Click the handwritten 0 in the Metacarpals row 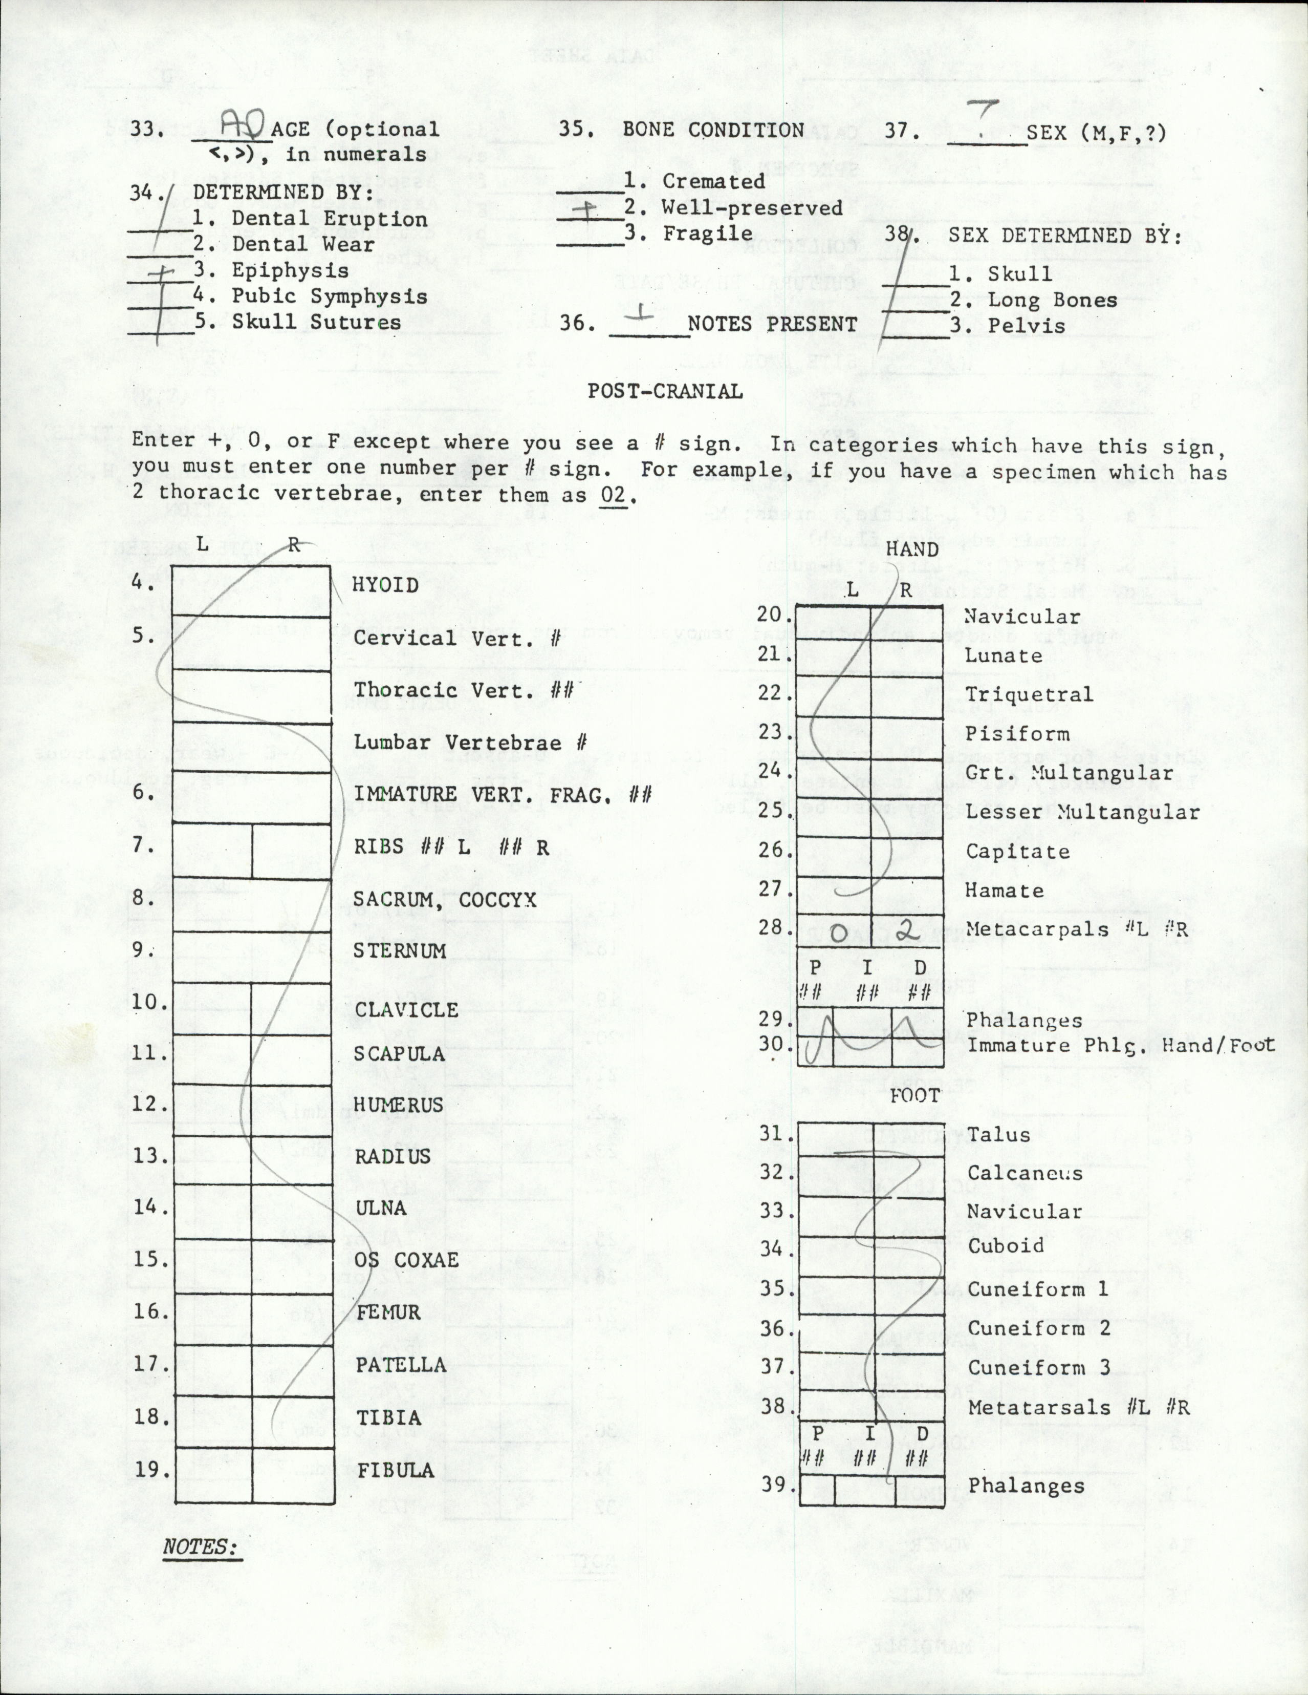coord(838,935)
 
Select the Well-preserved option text coord(751,207)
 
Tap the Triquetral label coord(1028,694)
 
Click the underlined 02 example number coord(614,495)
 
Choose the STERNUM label coord(400,951)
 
